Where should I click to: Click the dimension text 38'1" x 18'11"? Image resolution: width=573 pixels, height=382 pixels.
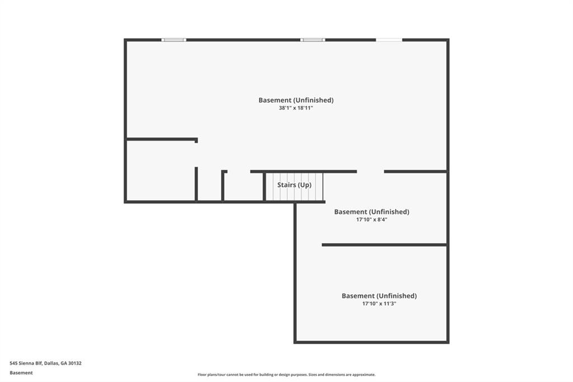pyautogui.click(x=295, y=108)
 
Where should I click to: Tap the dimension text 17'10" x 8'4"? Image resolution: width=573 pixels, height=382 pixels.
pyautogui.click(x=372, y=220)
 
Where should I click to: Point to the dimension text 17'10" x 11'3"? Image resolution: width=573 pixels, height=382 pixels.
pyautogui.click(x=379, y=304)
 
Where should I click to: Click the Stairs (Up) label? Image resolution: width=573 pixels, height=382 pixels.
pyautogui.click(x=294, y=185)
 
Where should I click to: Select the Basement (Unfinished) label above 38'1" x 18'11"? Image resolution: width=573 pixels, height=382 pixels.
pyautogui.click(x=295, y=100)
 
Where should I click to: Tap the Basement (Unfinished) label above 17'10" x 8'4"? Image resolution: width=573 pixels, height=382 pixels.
pyautogui.click(x=372, y=212)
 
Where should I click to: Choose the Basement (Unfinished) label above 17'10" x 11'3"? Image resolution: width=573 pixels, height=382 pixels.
pyautogui.click(x=379, y=296)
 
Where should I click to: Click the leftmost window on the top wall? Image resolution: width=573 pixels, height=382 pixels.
pyautogui.click(x=173, y=40)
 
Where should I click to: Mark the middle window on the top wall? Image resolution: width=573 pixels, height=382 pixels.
pyautogui.click(x=312, y=40)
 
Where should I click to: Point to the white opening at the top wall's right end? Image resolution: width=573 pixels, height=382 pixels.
pyautogui.click(x=388, y=40)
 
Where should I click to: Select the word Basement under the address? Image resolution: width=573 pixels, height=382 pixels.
pyautogui.click(x=21, y=372)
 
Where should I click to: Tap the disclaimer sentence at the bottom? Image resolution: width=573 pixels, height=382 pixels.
pyautogui.click(x=286, y=375)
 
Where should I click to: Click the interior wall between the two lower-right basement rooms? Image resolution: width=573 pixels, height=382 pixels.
pyautogui.click(x=384, y=245)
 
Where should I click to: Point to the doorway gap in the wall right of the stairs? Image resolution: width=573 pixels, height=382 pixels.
pyautogui.click(x=370, y=171)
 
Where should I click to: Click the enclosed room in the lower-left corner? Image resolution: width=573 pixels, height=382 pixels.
pyautogui.click(x=160, y=171)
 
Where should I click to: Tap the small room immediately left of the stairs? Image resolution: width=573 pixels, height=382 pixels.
pyautogui.click(x=243, y=187)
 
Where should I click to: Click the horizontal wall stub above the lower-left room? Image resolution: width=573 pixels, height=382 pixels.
pyautogui.click(x=162, y=139)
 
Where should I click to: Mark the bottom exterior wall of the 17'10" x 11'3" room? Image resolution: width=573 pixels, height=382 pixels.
pyautogui.click(x=372, y=342)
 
